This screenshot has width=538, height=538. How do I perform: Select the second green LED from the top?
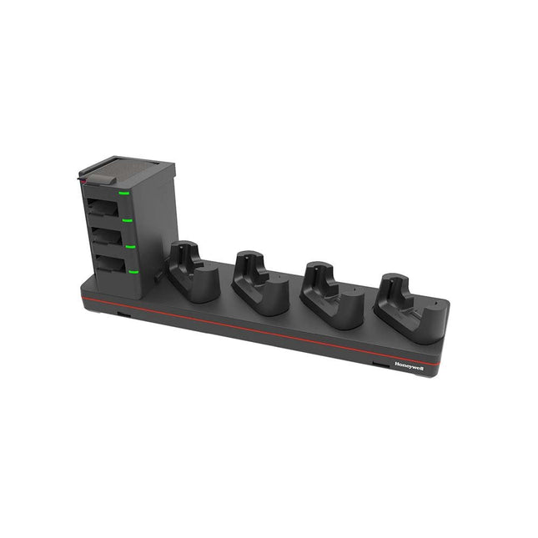(x=128, y=220)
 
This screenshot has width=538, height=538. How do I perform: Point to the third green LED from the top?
(x=131, y=246)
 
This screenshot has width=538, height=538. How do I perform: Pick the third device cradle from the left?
(x=329, y=296)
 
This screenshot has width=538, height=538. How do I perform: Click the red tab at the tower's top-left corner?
(x=83, y=178)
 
